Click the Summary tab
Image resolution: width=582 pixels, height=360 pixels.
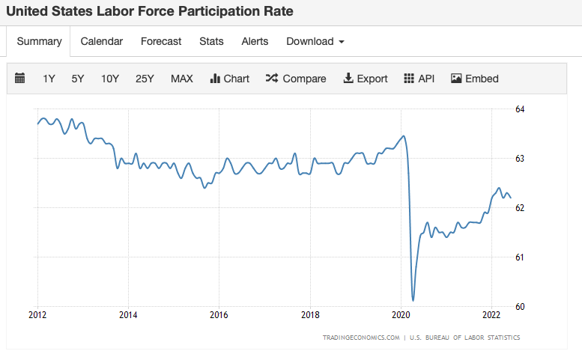point(39,41)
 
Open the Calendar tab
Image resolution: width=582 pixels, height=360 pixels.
point(102,41)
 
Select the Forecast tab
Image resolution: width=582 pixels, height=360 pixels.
point(161,41)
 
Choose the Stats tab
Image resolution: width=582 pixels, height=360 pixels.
point(211,41)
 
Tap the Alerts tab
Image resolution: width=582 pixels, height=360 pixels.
point(255,41)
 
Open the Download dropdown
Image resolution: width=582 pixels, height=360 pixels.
point(315,41)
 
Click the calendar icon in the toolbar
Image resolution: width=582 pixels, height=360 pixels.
point(20,79)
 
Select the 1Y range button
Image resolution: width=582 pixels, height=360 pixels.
point(49,79)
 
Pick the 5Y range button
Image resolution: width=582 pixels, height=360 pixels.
point(78,79)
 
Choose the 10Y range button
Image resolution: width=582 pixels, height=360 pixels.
point(110,79)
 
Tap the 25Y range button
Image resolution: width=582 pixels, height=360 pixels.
point(145,79)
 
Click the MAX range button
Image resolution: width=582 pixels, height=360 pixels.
point(182,79)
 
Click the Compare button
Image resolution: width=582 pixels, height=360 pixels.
point(296,79)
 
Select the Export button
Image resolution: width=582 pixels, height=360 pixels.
point(366,79)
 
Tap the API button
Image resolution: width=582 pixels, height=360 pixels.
point(419,79)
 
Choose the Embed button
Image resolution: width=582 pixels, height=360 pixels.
point(475,79)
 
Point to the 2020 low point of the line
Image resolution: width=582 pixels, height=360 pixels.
point(413,300)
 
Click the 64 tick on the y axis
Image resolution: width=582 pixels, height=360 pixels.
point(520,109)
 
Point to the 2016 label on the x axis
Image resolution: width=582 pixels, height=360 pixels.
point(219,314)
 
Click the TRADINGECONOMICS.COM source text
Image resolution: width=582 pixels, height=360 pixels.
point(361,338)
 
